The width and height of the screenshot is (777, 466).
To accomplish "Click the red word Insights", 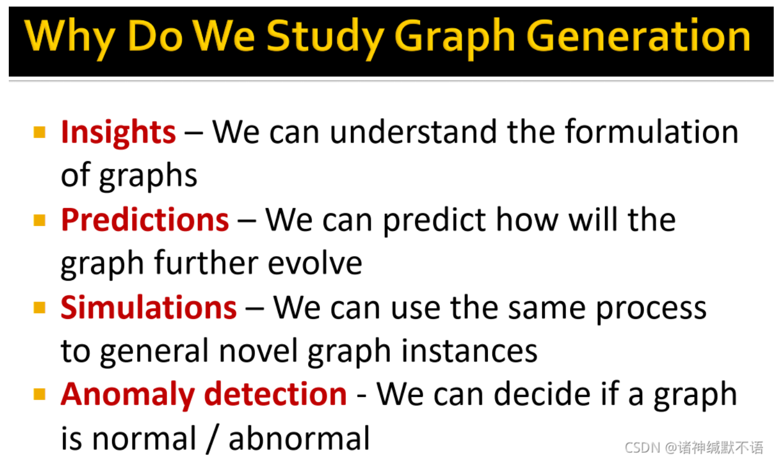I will pyautogui.click(x=118, y=132).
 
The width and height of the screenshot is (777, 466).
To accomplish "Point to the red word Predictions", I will pyautogui.click(x=145, y=220).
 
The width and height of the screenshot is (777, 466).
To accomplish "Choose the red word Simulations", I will pyautogui.click(x=149, y=308).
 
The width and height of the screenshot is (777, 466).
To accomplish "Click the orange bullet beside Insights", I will pyautogui.click(x=39, y=132).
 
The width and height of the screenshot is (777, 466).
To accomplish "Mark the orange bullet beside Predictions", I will pyautogui.click(x=39, y=220).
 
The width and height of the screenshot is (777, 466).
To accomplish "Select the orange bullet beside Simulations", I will pyautogui.click(x=39, y=308).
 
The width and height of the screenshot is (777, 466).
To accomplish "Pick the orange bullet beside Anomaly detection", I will pyautogui.click(x=39, y=395).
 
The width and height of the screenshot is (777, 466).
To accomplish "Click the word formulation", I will pyautogui.click(x=651, y=132).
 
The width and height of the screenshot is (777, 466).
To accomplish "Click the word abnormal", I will pyautogui.click(x=299, y=439).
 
